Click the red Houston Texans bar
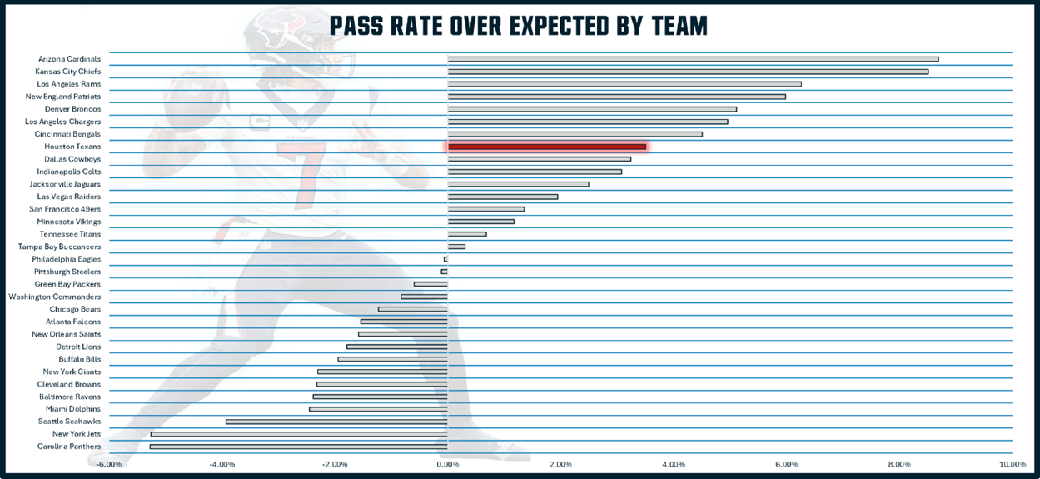point(547,147)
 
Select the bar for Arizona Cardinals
point(693,59)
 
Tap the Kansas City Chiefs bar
point(688,72)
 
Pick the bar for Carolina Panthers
point(299,447)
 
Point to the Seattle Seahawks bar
point(336,422)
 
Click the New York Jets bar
point(299,434)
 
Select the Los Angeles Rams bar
point(624,84)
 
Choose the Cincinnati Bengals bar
point(575,134)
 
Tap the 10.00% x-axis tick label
point(1012,464)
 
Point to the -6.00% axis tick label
point(109,464)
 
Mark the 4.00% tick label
point(673,464)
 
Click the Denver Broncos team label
point(72,109)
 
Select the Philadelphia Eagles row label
point(67,259)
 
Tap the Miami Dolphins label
point(73,409)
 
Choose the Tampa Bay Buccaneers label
point(59,247)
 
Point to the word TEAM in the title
point(679,26)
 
